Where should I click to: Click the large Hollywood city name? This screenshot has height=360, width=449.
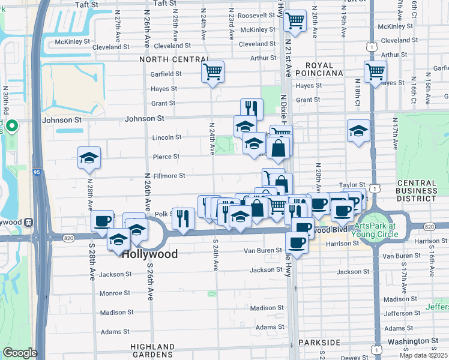(150, 254)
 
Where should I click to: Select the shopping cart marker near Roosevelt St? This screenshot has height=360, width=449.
(294, 21)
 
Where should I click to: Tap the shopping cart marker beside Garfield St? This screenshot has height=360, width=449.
(213, 72)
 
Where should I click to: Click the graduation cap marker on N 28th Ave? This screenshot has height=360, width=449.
(89, 158)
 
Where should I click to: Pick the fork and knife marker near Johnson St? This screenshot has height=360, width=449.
(252, 109)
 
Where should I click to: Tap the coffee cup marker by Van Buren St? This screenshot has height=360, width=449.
(297, 242)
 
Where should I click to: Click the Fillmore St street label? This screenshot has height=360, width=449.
(169, 176)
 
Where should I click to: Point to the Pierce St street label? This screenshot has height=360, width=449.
(168, 157)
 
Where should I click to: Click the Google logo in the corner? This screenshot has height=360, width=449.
(20, 353)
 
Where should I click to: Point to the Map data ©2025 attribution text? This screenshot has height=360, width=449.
(423, 355)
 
